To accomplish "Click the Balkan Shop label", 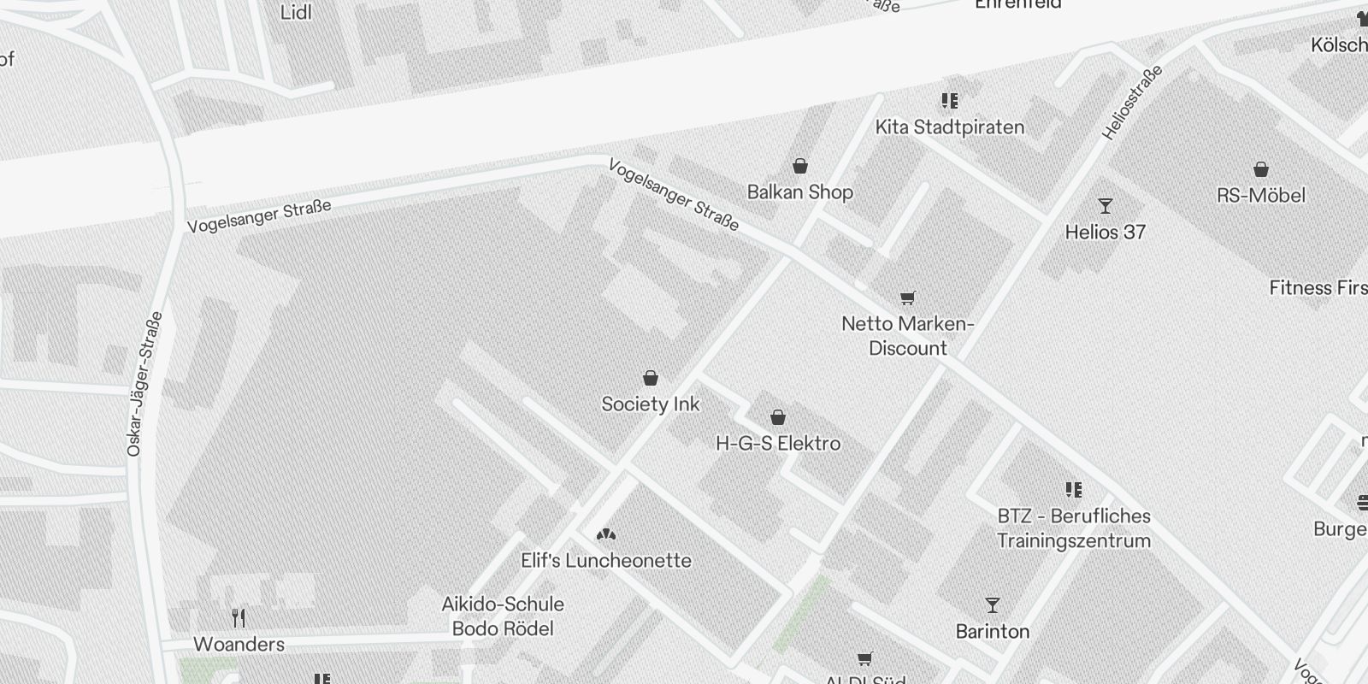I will (x=799, y=192).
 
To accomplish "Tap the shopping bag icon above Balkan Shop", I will (x=799, y=166).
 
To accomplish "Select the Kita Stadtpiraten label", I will (x=949, y=127).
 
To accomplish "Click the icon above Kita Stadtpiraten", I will (x=949, y=102).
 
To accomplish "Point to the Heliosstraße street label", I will (x=1132, y=103).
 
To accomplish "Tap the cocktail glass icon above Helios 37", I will (x=1106, y=206).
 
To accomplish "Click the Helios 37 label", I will (x=1105, y=232).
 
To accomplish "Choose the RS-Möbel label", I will (x=1261, y=195).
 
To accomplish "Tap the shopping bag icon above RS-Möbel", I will (x=1261, y=169).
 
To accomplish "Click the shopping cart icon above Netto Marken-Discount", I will (x=907, y=298).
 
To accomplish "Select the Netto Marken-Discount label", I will (x=907, y=336).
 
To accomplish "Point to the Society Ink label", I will (x=651, y=404).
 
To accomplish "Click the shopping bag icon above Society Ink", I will (x=651, y=378).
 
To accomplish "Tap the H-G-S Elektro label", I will (x=778, y=443).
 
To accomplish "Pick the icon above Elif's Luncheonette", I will (x=606, y=535).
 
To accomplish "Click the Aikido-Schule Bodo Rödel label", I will (x=503, y=616).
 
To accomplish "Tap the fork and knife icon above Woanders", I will (x=239, y=618).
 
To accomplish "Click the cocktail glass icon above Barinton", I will (x=993, y=605).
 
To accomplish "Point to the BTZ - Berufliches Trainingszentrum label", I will (x=1074, y=528).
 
